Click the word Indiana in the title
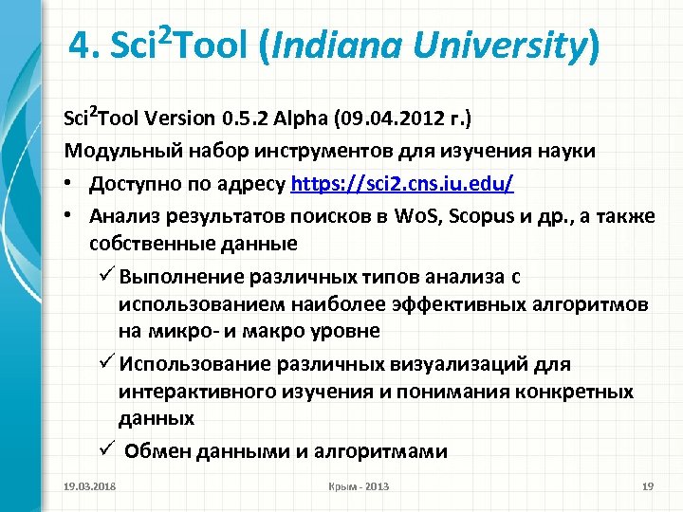tap(327, 45)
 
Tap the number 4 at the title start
tap(80, 45)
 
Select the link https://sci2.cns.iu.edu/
tap(403, 182)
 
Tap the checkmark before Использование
tap(107, 363)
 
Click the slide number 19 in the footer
tap(648, 486)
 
